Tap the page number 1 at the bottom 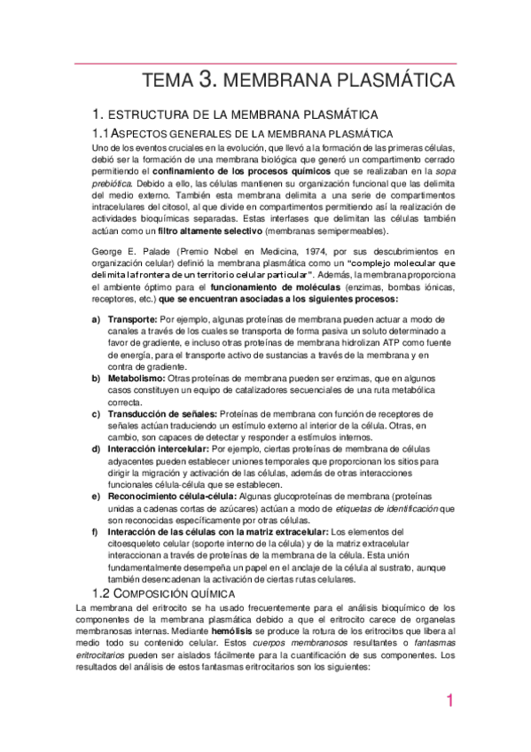(x=449, y=701)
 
